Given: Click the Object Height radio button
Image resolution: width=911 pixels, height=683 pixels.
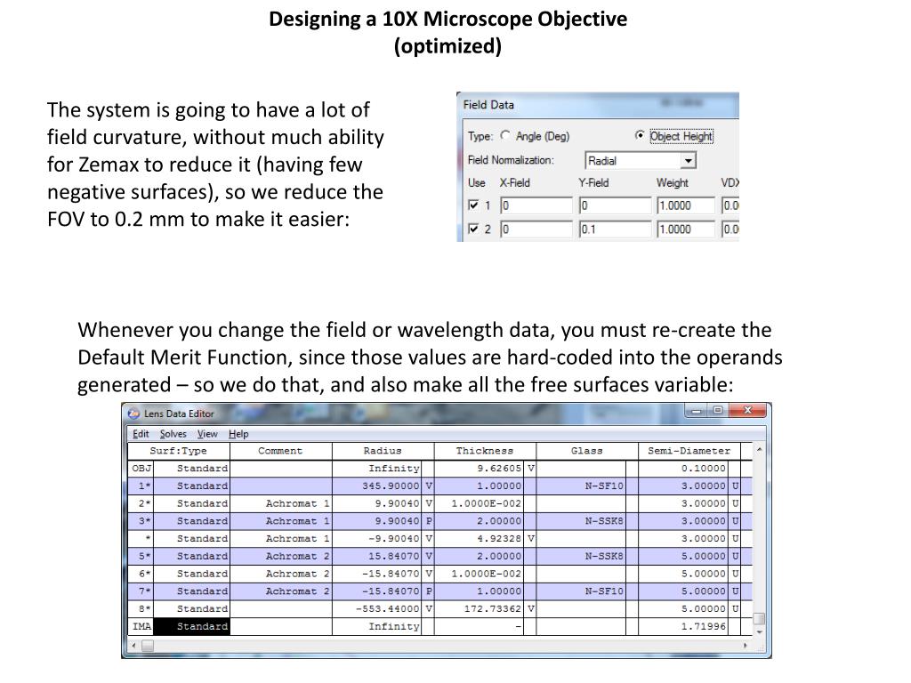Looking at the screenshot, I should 640,136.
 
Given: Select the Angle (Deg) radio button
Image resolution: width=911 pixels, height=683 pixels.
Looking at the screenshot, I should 506,136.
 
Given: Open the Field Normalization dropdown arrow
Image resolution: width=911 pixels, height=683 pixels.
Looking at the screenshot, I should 688,161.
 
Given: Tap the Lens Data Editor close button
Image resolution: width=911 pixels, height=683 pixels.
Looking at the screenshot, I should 750,411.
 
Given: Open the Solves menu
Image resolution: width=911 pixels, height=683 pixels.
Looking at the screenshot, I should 173,434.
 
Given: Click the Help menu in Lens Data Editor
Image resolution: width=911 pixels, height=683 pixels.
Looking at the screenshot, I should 238,434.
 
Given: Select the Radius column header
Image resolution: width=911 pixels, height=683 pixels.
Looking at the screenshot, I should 383,451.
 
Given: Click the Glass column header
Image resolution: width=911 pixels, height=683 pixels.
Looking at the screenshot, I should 587,451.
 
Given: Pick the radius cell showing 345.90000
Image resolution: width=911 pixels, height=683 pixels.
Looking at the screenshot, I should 391,486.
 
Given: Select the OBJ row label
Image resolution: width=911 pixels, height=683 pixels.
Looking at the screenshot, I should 141,469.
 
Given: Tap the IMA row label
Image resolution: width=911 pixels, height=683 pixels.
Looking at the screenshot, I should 141,626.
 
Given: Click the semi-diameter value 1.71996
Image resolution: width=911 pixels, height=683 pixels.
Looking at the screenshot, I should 703,626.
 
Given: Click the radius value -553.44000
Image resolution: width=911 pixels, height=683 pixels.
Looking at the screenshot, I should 387,609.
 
